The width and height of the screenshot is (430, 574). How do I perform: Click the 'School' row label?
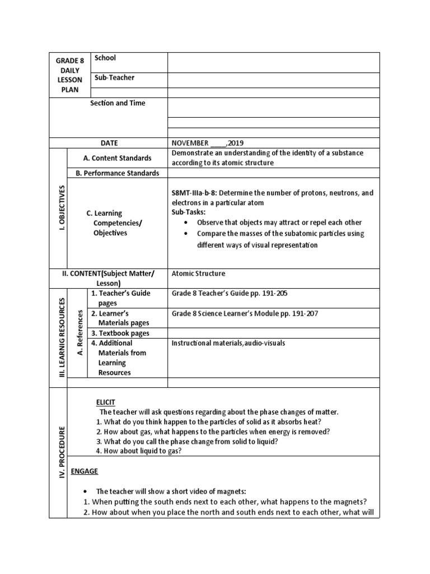105,58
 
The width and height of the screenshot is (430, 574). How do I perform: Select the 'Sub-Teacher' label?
114,78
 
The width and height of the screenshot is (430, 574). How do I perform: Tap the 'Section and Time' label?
118,103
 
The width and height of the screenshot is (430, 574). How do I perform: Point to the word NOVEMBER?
190,143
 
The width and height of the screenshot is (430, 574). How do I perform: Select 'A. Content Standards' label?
117,158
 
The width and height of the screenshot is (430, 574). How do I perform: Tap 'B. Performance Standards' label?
117,173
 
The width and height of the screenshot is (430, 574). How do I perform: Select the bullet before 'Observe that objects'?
185,223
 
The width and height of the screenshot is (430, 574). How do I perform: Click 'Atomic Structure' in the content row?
198,274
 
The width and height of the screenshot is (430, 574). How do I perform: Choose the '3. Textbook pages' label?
120,333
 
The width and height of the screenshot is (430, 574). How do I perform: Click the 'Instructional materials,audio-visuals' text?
228,343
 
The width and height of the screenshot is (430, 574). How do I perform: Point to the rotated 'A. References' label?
80,332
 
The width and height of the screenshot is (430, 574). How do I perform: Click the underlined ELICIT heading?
105,402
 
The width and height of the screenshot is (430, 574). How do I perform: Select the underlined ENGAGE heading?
84,471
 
